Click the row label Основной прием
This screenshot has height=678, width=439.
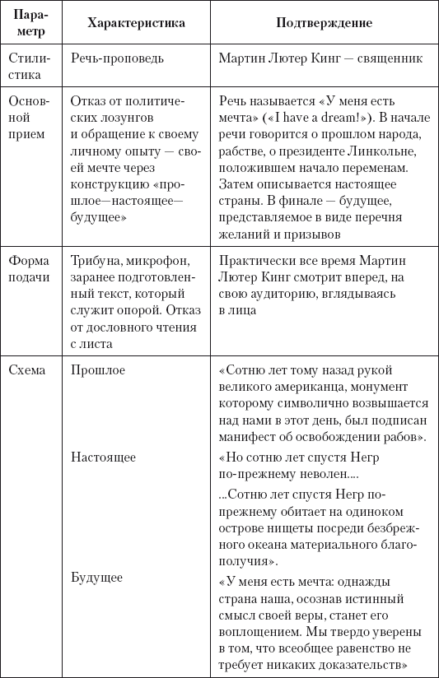(30, 116)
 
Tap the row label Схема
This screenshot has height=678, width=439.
(27, 370)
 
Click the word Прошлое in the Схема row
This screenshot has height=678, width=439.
(98, 370)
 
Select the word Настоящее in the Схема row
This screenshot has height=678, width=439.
(103, 457)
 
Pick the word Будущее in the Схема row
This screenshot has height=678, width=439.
(96, 578)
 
